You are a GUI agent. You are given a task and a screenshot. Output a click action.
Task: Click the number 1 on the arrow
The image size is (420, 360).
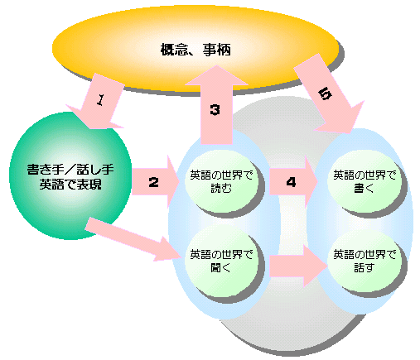101,100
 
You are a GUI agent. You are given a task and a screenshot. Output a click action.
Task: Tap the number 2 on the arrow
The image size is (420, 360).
153,182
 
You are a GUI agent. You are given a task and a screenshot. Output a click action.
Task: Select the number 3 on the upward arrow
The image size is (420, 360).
215,110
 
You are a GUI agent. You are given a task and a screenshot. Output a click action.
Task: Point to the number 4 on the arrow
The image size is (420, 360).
291,182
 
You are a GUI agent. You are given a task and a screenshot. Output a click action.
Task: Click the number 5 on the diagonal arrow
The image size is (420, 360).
325,94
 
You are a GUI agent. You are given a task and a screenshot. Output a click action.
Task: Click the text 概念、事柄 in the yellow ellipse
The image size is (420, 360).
196,50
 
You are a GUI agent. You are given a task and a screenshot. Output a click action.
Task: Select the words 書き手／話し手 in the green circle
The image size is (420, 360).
70,170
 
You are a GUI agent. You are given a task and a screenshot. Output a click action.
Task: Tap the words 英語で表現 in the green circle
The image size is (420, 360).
70,185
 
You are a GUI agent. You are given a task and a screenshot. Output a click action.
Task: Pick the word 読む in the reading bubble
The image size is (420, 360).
221,189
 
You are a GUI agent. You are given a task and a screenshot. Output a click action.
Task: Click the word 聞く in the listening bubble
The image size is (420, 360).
220,267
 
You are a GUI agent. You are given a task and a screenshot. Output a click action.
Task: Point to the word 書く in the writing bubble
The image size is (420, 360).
364,189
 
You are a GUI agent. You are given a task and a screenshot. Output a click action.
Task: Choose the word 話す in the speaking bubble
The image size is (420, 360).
364,267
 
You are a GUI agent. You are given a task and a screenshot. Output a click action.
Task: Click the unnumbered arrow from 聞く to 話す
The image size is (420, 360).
298,266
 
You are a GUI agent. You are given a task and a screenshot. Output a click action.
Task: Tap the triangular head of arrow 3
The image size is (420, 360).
216,75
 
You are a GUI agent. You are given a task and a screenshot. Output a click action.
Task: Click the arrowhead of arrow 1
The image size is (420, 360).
93,118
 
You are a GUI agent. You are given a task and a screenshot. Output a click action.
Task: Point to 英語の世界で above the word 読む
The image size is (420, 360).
221,175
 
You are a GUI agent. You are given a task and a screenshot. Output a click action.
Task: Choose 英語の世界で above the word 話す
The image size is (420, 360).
364,254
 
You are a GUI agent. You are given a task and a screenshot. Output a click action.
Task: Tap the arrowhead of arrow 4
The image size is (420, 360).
311,182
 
